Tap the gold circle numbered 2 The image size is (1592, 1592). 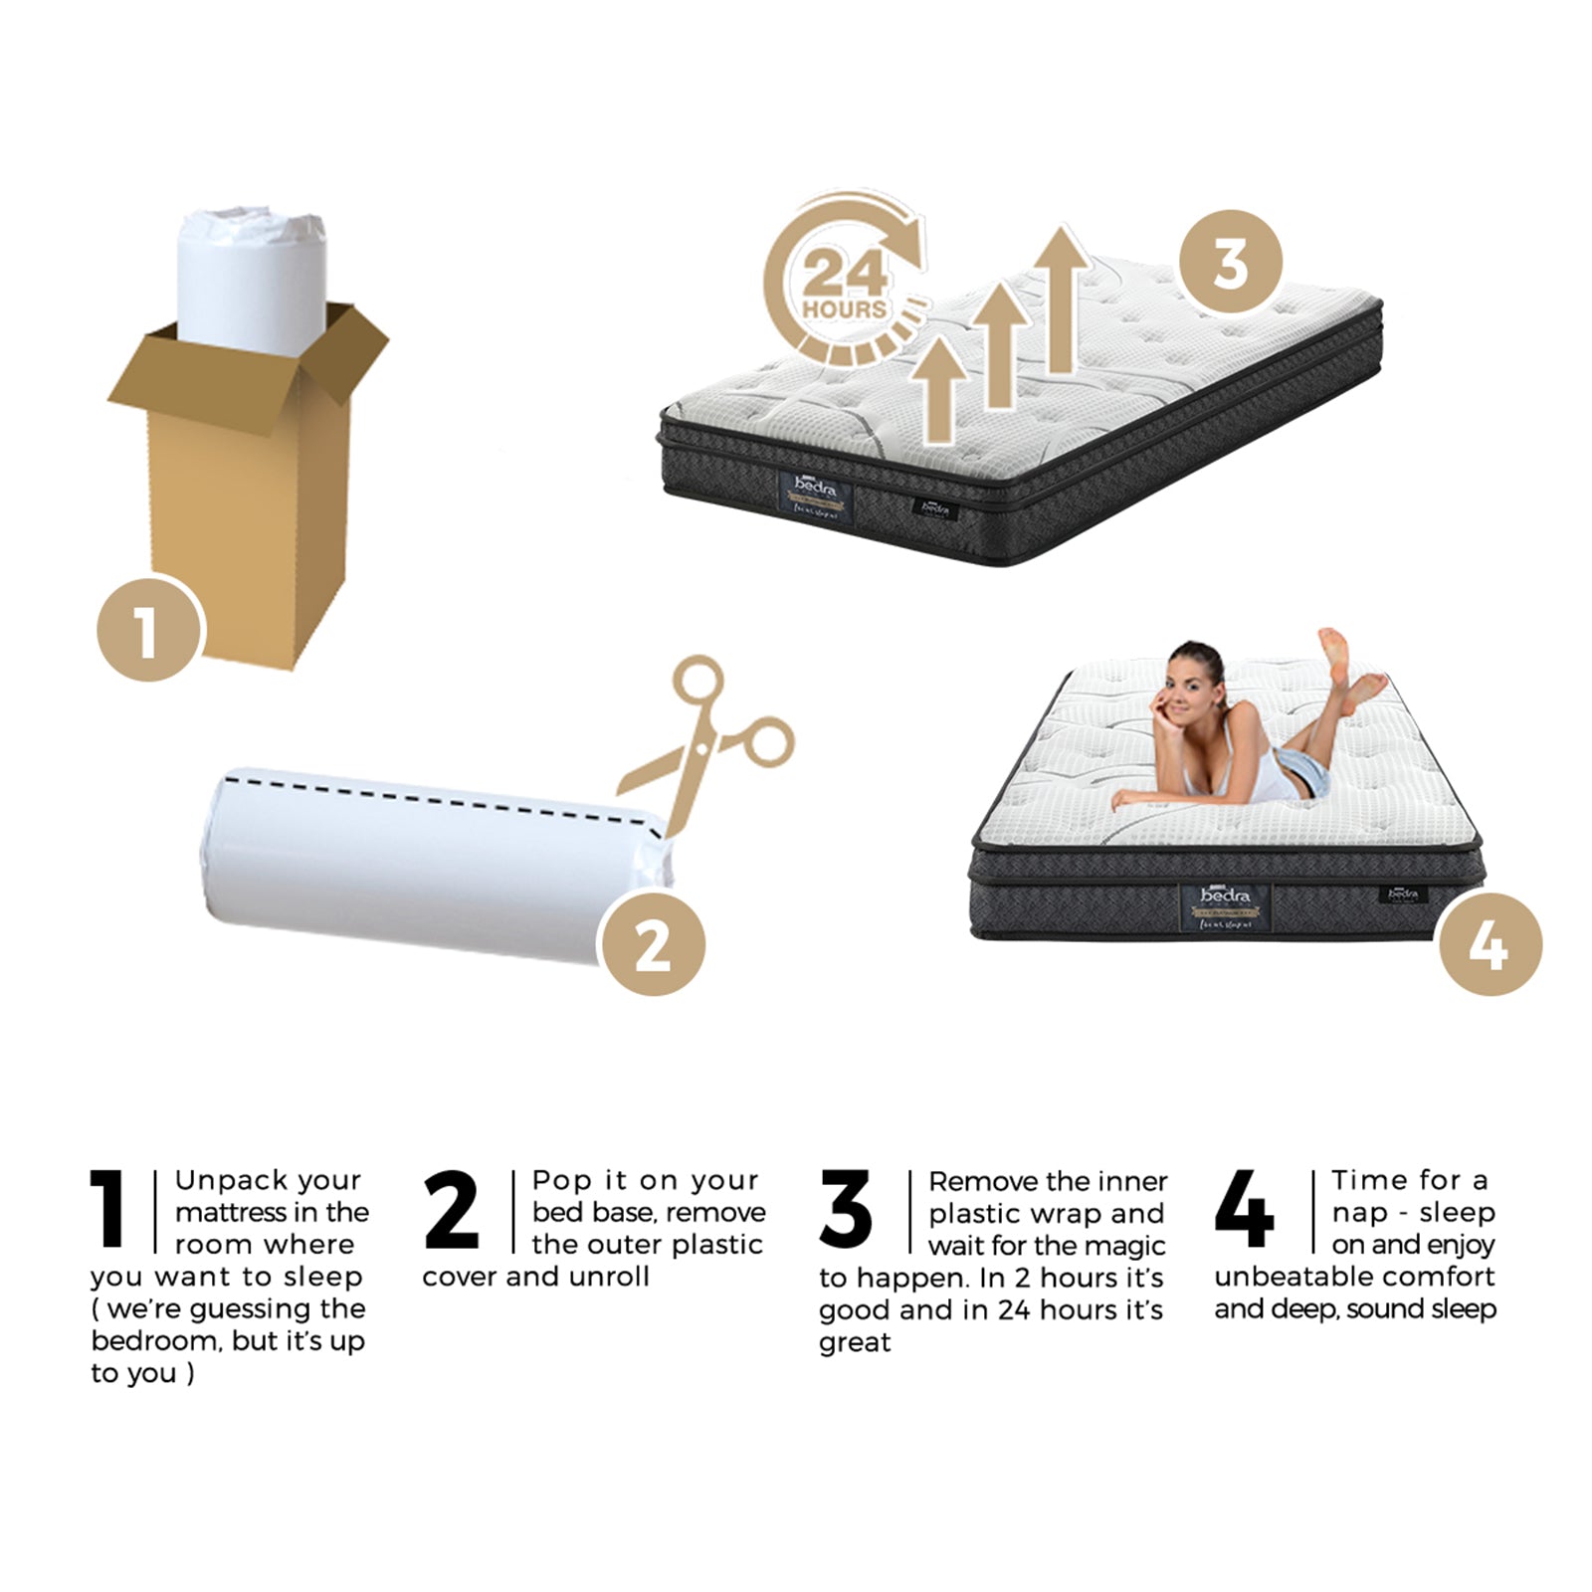pos(653,943)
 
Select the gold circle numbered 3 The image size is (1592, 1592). pos(1231,262)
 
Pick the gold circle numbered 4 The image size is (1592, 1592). pos(1490,943)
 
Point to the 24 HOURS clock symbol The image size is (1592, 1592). pos(846,284)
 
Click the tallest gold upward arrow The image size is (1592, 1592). pos(1062,298)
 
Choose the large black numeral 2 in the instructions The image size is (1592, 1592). pos(451,1210)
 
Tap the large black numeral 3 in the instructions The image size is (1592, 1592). pos(846,1210)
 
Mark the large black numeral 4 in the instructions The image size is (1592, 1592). pos(1244,1210)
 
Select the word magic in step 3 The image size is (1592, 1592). pos(1125,1246)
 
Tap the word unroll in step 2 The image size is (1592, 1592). pos(609,1277)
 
